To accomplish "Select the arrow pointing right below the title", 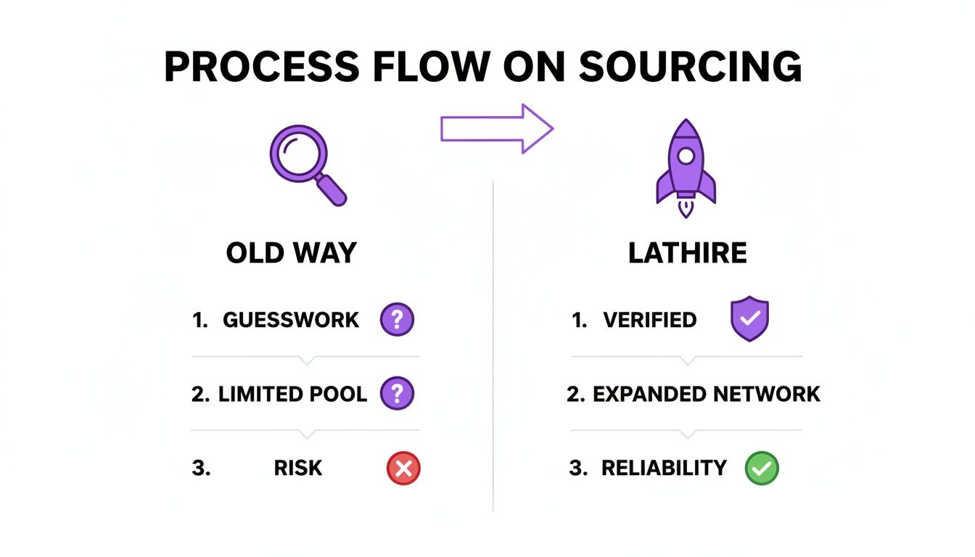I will tap(497, 129).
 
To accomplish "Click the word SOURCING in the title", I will tap(691, 67).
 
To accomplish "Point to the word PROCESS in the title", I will tap(261, 67).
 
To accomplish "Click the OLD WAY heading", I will tap(292, 253).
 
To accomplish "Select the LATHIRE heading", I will tap(687, 253).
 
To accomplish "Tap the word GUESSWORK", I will tap(291, 320).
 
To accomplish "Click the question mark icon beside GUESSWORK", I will tap(397, 319).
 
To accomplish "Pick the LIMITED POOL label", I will tap(292, 395).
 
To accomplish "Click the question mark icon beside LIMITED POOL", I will tap(397, 394).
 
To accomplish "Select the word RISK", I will tap(298, 469).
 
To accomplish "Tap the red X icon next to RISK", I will tap(403, 469).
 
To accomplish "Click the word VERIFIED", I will tap(649, 320).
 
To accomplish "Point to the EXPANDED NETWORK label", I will tap(706, 395).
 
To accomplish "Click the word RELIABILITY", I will tap(664, 469).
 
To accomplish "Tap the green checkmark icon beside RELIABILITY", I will tap(762, 469).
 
